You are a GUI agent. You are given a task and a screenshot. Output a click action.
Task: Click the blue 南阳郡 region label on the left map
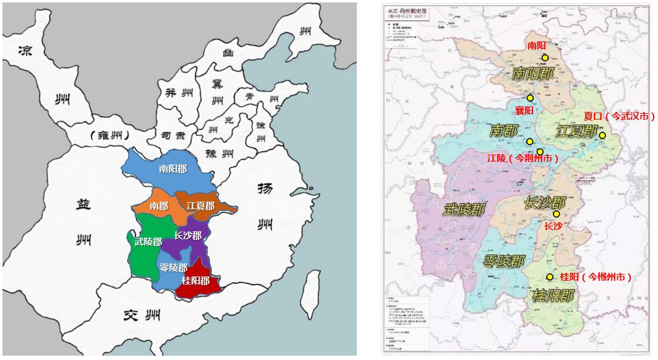[x=173, y=168]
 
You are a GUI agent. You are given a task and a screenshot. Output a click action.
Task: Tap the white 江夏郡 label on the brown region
[x=200, y=206]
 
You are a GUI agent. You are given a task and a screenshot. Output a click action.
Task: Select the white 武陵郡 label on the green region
[x=148, y=242]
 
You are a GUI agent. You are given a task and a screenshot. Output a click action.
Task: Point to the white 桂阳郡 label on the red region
[x=195, y=280]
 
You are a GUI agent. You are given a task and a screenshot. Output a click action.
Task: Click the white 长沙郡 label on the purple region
[x=187, y=236]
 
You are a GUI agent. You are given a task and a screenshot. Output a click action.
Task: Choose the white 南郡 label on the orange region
[x=159, y=206]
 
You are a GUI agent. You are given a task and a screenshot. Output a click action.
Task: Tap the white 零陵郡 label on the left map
[x=173, y=268]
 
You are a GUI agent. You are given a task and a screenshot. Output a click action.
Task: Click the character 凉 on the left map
[x=25, y=51]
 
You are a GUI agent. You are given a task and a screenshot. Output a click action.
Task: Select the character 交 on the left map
[x=129, y=315]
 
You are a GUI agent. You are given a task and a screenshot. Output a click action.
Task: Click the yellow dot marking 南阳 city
[x=545, y=58]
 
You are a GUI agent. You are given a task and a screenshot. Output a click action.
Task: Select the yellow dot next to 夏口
[x=602, y=136]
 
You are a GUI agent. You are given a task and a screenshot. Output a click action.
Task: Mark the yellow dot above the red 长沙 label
[x=556, y=214]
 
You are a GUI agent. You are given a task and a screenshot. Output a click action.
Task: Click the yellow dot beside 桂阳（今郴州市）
[x=550, y=277]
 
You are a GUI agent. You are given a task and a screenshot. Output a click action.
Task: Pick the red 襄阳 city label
[x=524, y=110]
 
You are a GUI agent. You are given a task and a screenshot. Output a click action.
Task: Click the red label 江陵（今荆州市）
[x=523, y=158]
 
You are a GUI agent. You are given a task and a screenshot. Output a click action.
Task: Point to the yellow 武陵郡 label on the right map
[x=463, y=209]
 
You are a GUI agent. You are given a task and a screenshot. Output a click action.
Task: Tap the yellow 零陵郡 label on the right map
[x=504, y=260]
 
